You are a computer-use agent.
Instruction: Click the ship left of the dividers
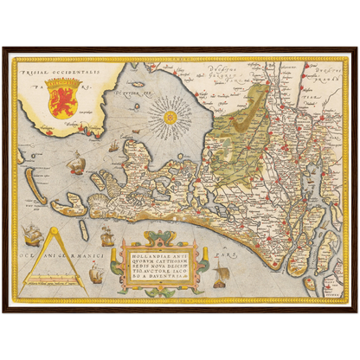click(32, 232)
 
